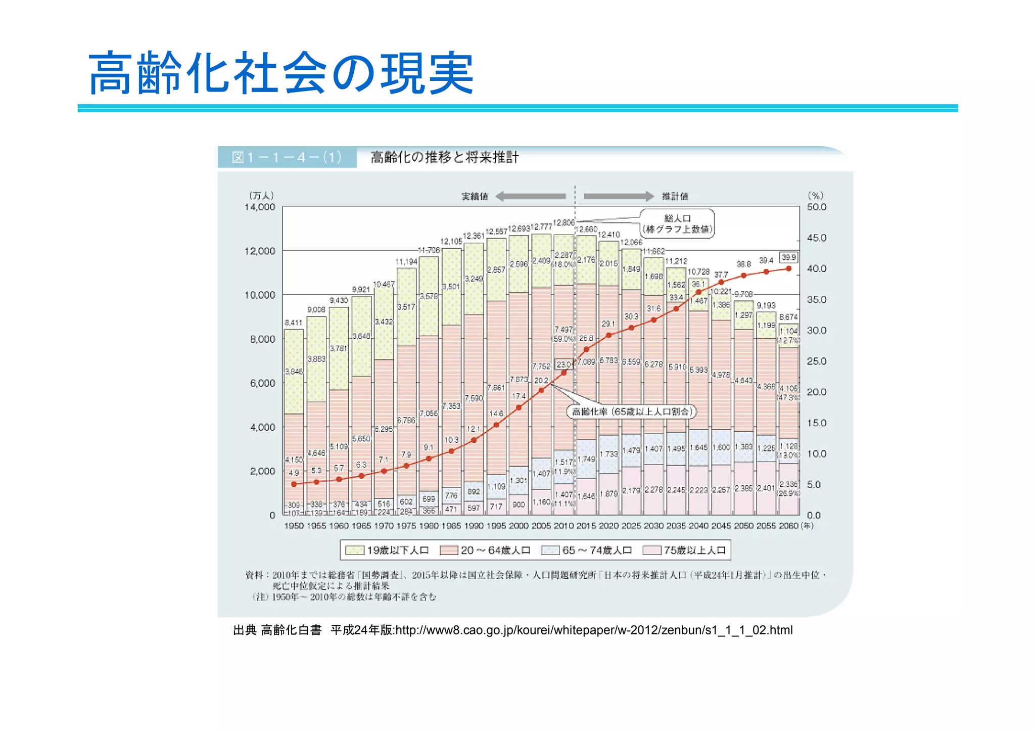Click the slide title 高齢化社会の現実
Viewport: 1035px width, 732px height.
pyautogui.click(x=281, y=74)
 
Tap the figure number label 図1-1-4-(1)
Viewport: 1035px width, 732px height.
pyautogui.click(x=287, y=157)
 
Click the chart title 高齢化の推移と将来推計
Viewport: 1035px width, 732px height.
pyautogui.click(x=444, y=157)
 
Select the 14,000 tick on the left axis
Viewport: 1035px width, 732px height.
pyautogui.click(x=260, y=207)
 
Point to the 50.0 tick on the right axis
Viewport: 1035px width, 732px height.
pyautogui.click(x=816, y=207)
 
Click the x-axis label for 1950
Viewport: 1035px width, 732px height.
pyautogui.click(x=294, y=526)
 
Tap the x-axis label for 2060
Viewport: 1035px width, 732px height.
pyautogui.click(x=788, y=526)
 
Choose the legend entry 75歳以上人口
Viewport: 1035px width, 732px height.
pyautogui.click(x=685, y=550)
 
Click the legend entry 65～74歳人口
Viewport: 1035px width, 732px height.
pyautogui.click(x=586, y=550)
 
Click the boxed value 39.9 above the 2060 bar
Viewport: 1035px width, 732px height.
pyautogui.click(x=788, y=257)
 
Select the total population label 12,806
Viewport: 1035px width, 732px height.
pyautogui.click(x=563, y=223)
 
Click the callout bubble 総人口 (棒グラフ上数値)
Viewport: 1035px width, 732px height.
pyautogui.click(x=677, y=223)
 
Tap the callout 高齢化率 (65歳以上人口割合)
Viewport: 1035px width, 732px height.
pyautogui.click(x=631, y=411)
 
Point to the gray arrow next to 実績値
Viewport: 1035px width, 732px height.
pyautogui.click(x=530, y=196)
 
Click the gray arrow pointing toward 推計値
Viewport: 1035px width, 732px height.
pyautogui.click(x=619, y=196)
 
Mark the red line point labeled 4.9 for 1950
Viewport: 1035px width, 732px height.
pyautogui.click(x=294, y=484)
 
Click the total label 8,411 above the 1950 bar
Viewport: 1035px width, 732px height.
pyautogui.click(x=293, y=323)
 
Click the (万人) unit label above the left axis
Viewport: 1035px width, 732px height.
pyautogui.click(x=261, y=196)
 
